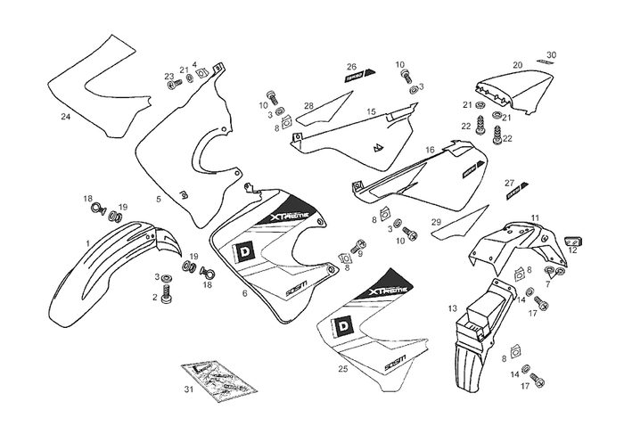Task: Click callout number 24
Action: coord(65,117)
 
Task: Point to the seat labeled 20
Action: coord(509,89)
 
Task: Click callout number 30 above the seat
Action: coord(551,55)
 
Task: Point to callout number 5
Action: coord(158,199)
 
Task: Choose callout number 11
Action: coord(535,217)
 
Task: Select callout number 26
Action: coord(351,67)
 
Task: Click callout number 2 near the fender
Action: coord(154,297)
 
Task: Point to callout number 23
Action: coord(168,76)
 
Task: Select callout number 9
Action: coord(359,253)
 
